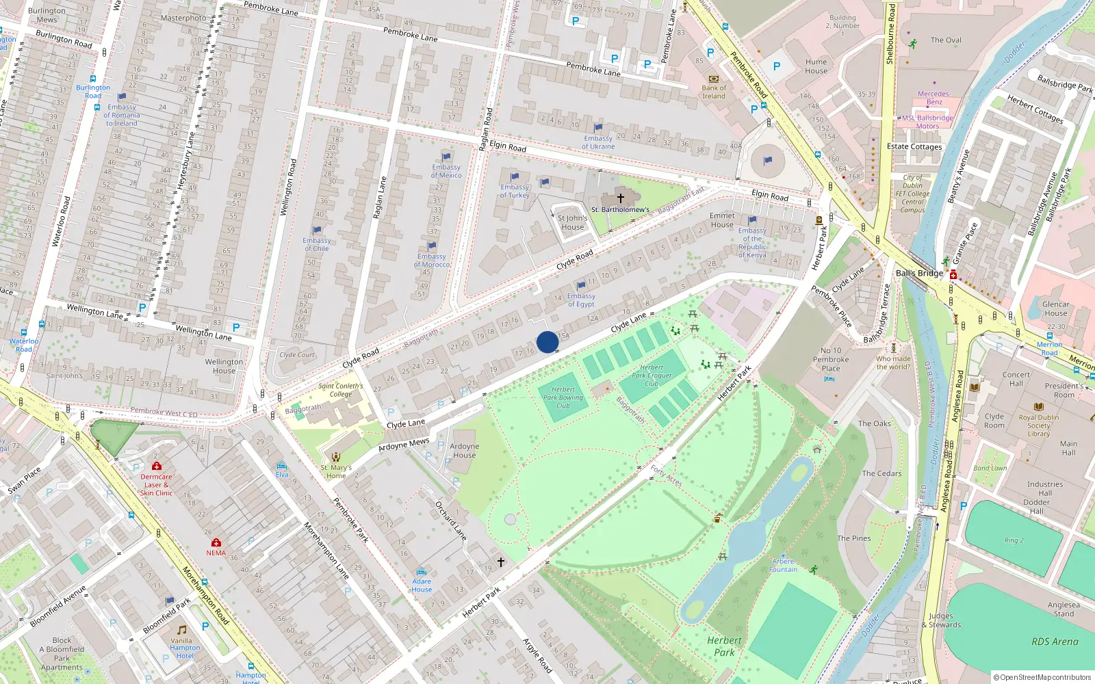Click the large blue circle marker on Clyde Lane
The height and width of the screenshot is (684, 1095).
tap(547, 342)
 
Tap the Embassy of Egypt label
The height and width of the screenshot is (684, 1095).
tap(581, 300)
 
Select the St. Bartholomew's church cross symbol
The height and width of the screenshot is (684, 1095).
tap(621, 198)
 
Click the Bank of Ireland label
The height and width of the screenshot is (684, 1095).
tap(714, 92)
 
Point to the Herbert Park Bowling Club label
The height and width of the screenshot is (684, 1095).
tap(563, 397)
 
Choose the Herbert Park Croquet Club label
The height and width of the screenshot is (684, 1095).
tap(652, 376)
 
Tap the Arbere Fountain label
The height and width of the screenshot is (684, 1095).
tap(783, 565)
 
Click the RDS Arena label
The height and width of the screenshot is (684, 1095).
tap(1055, 642)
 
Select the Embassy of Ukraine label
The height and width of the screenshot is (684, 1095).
tap(598, 142)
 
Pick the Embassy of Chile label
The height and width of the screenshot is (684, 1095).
tap(316, 244)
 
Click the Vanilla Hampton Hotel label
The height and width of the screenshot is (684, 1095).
tap(185, 648)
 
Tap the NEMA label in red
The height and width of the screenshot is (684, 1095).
tap(216, 553)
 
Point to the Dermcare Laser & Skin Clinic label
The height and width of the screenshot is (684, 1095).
tap(156, 484)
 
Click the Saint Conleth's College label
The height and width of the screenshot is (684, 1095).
tap(341, 390)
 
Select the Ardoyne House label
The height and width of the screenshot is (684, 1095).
tap(464, 451)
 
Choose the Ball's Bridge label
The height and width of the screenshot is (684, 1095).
tap(919, 273)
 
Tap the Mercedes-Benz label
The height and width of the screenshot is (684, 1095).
tap(934, 98)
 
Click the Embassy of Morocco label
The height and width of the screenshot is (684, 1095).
tap(432, 261)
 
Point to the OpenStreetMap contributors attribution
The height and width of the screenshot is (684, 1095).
tap(1042, 677)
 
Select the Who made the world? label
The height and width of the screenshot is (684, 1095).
tap(893, 363)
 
